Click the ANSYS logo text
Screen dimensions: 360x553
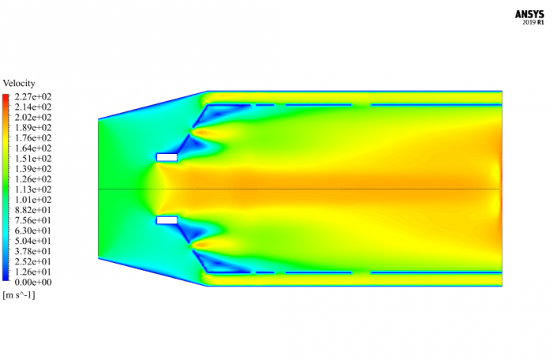[530, 13]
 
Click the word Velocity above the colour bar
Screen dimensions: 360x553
[19, 83]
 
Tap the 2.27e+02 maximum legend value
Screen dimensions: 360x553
[32, 96]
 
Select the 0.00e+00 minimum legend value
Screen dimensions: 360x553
[32, 281]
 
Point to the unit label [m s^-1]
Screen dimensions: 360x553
[19, 294]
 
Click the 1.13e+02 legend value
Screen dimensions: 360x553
[32, 189]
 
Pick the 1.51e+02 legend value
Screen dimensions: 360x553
[32, 158]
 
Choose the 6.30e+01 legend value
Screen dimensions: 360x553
[32, 230]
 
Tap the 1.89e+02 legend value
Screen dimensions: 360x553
[32, 127]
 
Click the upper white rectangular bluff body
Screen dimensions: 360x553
[167, 157]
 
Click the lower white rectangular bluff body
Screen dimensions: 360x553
[167, 220]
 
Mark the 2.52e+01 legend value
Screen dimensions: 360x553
[32, 261]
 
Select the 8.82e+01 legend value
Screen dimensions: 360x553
[32, 209]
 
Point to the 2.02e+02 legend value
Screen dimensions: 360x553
[32, 117]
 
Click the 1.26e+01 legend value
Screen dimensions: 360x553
[32, 271]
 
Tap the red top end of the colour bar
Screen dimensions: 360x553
[6, 97]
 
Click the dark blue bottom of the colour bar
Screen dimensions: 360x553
[6, 279]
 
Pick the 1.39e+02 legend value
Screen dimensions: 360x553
[32, 168]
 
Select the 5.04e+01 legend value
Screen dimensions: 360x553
[32, 240]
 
